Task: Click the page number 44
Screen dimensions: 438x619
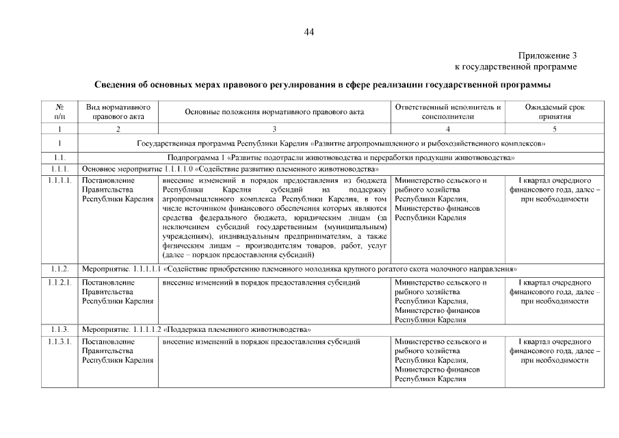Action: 309,31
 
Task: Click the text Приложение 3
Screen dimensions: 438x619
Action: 547,55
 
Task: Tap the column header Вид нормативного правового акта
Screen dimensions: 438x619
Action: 118,112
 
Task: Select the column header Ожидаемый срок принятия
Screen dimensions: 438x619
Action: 554,112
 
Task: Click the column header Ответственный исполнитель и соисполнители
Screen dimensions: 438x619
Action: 448,112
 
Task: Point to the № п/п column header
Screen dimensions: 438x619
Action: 60,112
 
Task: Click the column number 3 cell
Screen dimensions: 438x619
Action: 274,129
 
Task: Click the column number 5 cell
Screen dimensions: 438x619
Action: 554,129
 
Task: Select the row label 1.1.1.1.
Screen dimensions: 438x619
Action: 60,181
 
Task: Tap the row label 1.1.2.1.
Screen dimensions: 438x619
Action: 60,282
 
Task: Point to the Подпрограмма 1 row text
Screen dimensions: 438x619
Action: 341,157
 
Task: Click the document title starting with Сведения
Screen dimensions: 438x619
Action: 321,85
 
